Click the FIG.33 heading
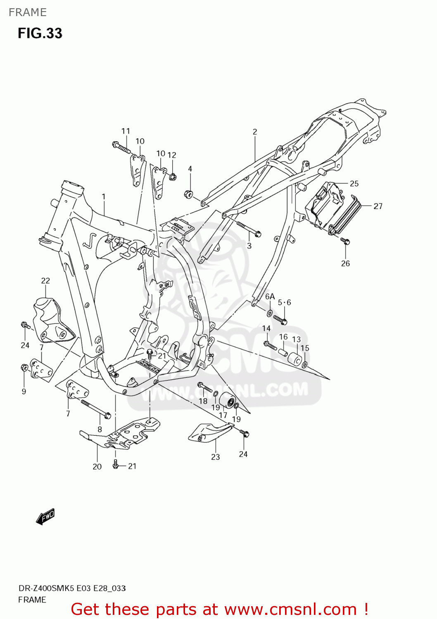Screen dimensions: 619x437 (x=40, y=33)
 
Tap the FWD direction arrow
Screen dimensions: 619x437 (x=45, y=516)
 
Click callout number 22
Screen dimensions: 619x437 (x=45, y=281)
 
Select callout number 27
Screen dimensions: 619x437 (x=378, y=206)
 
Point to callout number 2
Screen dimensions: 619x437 (x=255, y=132)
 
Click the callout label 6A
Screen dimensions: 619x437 (x=270, y=297)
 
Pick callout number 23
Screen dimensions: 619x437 (x=216, y=457)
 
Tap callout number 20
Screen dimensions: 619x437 (x=97, y=466)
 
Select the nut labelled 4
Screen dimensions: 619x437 (x=189, y=194)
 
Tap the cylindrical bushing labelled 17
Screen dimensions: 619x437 (x=227, y=400)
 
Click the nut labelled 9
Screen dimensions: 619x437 (x=24, y=367)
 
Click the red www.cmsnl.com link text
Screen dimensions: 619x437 (x=290, y=609)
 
